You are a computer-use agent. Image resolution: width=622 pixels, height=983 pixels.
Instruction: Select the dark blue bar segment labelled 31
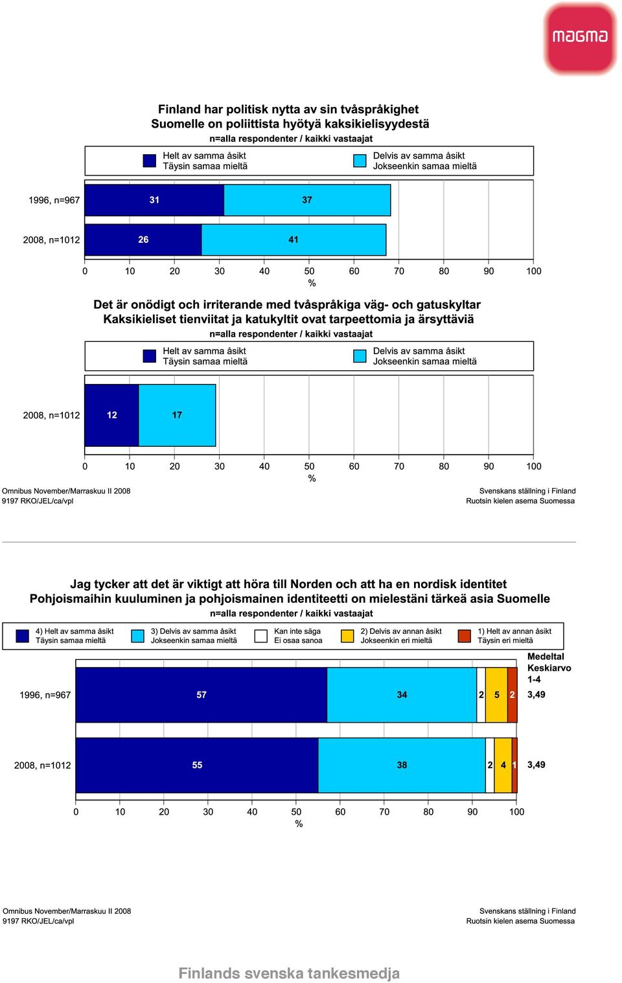[x=154, y=200]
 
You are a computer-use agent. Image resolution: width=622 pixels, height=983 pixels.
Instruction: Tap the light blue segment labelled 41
[x=294, y=240]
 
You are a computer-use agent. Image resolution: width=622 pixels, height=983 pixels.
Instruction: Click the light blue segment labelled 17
[x=177, y=415]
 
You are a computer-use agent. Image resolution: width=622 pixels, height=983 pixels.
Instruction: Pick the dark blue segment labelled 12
[x=111, y=415]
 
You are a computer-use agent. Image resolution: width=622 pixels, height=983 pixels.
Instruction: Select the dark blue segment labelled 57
[x=202, y=695]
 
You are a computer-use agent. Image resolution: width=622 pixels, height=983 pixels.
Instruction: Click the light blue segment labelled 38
[x=402, y=765]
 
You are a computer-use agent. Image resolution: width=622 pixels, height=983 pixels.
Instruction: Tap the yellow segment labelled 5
[x=496, y=695]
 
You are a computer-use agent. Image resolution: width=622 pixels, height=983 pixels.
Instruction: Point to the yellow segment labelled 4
[x=503, y=765]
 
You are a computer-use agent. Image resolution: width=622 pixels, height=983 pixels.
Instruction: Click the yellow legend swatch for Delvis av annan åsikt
[x=347, y=636]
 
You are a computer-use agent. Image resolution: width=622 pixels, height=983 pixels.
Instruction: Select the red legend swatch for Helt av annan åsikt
[x=465, y=636]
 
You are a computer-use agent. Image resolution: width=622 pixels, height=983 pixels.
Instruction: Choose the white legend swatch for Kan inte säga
[x=260, y=636]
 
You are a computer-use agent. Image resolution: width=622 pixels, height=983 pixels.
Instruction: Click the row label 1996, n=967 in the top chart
[x=54, y=200]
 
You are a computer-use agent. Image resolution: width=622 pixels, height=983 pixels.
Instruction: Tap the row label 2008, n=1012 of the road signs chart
[x=51, y=415]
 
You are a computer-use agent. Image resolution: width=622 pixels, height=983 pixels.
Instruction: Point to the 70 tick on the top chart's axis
[x=399, y=271]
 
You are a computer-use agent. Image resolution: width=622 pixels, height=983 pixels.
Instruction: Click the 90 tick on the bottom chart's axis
[x=472, y=812]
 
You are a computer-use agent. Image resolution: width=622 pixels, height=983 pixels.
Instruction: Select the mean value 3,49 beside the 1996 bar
[x=536, y=694]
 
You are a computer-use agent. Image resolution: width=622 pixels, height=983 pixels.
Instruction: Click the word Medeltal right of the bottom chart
[x=546, y=657]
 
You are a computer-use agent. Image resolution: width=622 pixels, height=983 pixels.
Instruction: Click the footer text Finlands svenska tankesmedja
[x=289, y=973]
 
